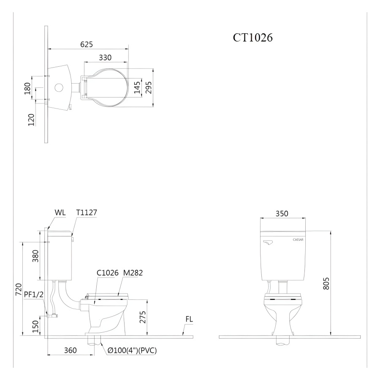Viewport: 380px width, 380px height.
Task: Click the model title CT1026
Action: [253, 38]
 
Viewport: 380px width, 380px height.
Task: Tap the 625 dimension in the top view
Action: [87, 44]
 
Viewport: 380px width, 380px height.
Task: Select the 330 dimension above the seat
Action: [105, 57]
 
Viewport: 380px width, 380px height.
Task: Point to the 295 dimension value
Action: [148, 87]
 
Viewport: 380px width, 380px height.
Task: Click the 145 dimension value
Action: [137, 87]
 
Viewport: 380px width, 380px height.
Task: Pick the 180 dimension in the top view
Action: [27, 89]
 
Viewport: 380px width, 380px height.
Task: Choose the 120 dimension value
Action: [32, 120]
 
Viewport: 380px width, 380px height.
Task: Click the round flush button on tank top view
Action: [59, 87]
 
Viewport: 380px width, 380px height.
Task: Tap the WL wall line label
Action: [60, 212]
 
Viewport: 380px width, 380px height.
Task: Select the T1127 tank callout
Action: [87, 212]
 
